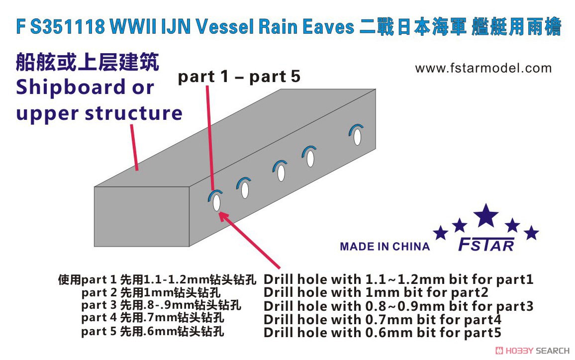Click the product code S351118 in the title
click(x=68, y=26)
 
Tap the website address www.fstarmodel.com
click(x=483, y=68)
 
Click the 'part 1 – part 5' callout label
click(x=239, y=77)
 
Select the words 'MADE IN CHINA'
click(x=384, y=246)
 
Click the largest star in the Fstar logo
click(x=486, y=216)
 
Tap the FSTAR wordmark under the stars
click(x=486, y=245)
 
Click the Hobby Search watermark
click(x=532, y=351)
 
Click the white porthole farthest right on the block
click(x=357, y=137)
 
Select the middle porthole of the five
click(x=281, y=173)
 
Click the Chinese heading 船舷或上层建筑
click(x=87, y=62)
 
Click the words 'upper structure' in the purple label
click(x=99, y=113)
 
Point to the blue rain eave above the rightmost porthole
click(x=356, y=128)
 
